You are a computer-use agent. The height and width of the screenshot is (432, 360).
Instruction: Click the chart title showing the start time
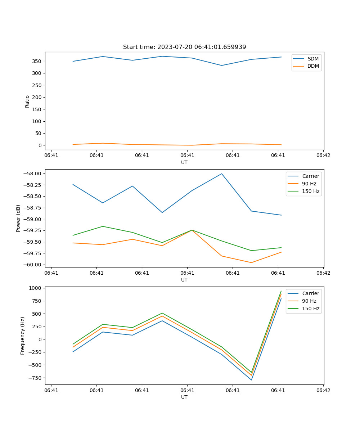[x=184, y=47]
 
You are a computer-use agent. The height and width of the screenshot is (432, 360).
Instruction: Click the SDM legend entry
[x=313, y=59]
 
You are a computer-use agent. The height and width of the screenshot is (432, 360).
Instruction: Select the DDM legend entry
[x=313, y=66]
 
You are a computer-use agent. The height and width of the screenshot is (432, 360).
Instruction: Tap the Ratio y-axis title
[x=27, y=101]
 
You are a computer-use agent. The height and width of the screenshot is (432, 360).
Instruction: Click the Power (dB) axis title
[x=18, y=218]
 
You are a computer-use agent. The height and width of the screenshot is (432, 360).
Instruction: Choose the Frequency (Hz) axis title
[x=23, y=336]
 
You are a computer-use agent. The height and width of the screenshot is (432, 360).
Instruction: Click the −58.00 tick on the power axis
[x=33, y=174]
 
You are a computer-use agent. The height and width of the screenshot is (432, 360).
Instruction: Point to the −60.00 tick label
[x=33, y=265]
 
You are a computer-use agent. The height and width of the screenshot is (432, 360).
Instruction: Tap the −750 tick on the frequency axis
[x=35, y=378]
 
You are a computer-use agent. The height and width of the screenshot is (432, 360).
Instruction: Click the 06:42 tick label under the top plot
[x=323, y=156]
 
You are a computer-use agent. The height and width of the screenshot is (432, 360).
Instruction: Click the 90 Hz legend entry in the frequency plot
[x=309, y=301]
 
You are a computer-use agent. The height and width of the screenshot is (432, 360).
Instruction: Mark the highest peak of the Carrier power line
[x=222, y=174]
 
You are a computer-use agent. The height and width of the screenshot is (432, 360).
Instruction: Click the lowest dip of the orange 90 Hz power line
[x=251, y=262]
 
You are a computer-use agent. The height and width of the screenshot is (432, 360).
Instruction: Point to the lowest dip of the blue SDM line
[x=222, y=66]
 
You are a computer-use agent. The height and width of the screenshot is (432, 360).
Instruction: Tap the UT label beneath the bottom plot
[x=184, y=397]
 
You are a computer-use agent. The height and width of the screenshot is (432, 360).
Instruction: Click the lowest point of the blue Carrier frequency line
[x=251, y=380]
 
